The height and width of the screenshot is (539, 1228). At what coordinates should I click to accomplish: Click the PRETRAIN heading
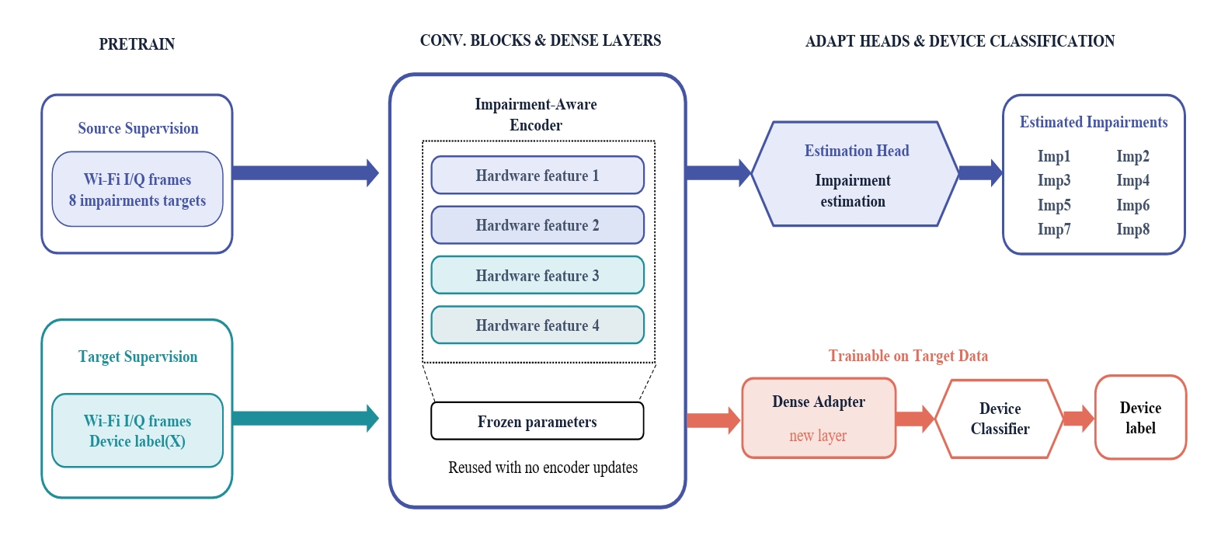coord(137,43)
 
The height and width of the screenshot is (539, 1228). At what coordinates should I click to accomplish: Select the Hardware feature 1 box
coord(537,175)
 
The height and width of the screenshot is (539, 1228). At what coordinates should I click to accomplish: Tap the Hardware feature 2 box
coord(537,224)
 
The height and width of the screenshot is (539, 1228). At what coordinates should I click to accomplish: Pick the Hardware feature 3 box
coord(537,275)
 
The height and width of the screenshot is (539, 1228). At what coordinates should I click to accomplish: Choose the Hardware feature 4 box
coord(537,325)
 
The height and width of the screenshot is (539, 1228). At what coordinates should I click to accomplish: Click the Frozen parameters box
coord(537,421)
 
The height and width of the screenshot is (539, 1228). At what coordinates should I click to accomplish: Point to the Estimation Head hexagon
coord(854,173)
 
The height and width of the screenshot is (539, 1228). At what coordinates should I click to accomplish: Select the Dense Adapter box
coord(819,418)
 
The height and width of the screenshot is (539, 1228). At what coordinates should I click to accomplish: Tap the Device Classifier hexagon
coord(1000,419)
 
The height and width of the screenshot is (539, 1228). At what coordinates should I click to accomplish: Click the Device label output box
coord(1140,417)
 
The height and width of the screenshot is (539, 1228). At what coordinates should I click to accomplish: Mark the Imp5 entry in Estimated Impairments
coord(1054,205)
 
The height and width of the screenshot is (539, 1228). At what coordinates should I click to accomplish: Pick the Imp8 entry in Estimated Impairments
coord(1132,229)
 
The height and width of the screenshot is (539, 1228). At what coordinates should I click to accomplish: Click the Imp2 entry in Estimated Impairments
coord(1132,156)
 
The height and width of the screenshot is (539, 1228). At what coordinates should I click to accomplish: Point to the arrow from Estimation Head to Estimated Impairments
coord(981,173)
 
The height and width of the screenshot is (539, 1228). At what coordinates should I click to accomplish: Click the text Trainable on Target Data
coord(908,356)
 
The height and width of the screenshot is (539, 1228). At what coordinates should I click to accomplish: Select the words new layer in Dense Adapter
coord(818,436)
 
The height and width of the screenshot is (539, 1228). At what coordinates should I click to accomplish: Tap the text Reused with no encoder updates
coord(543,468)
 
